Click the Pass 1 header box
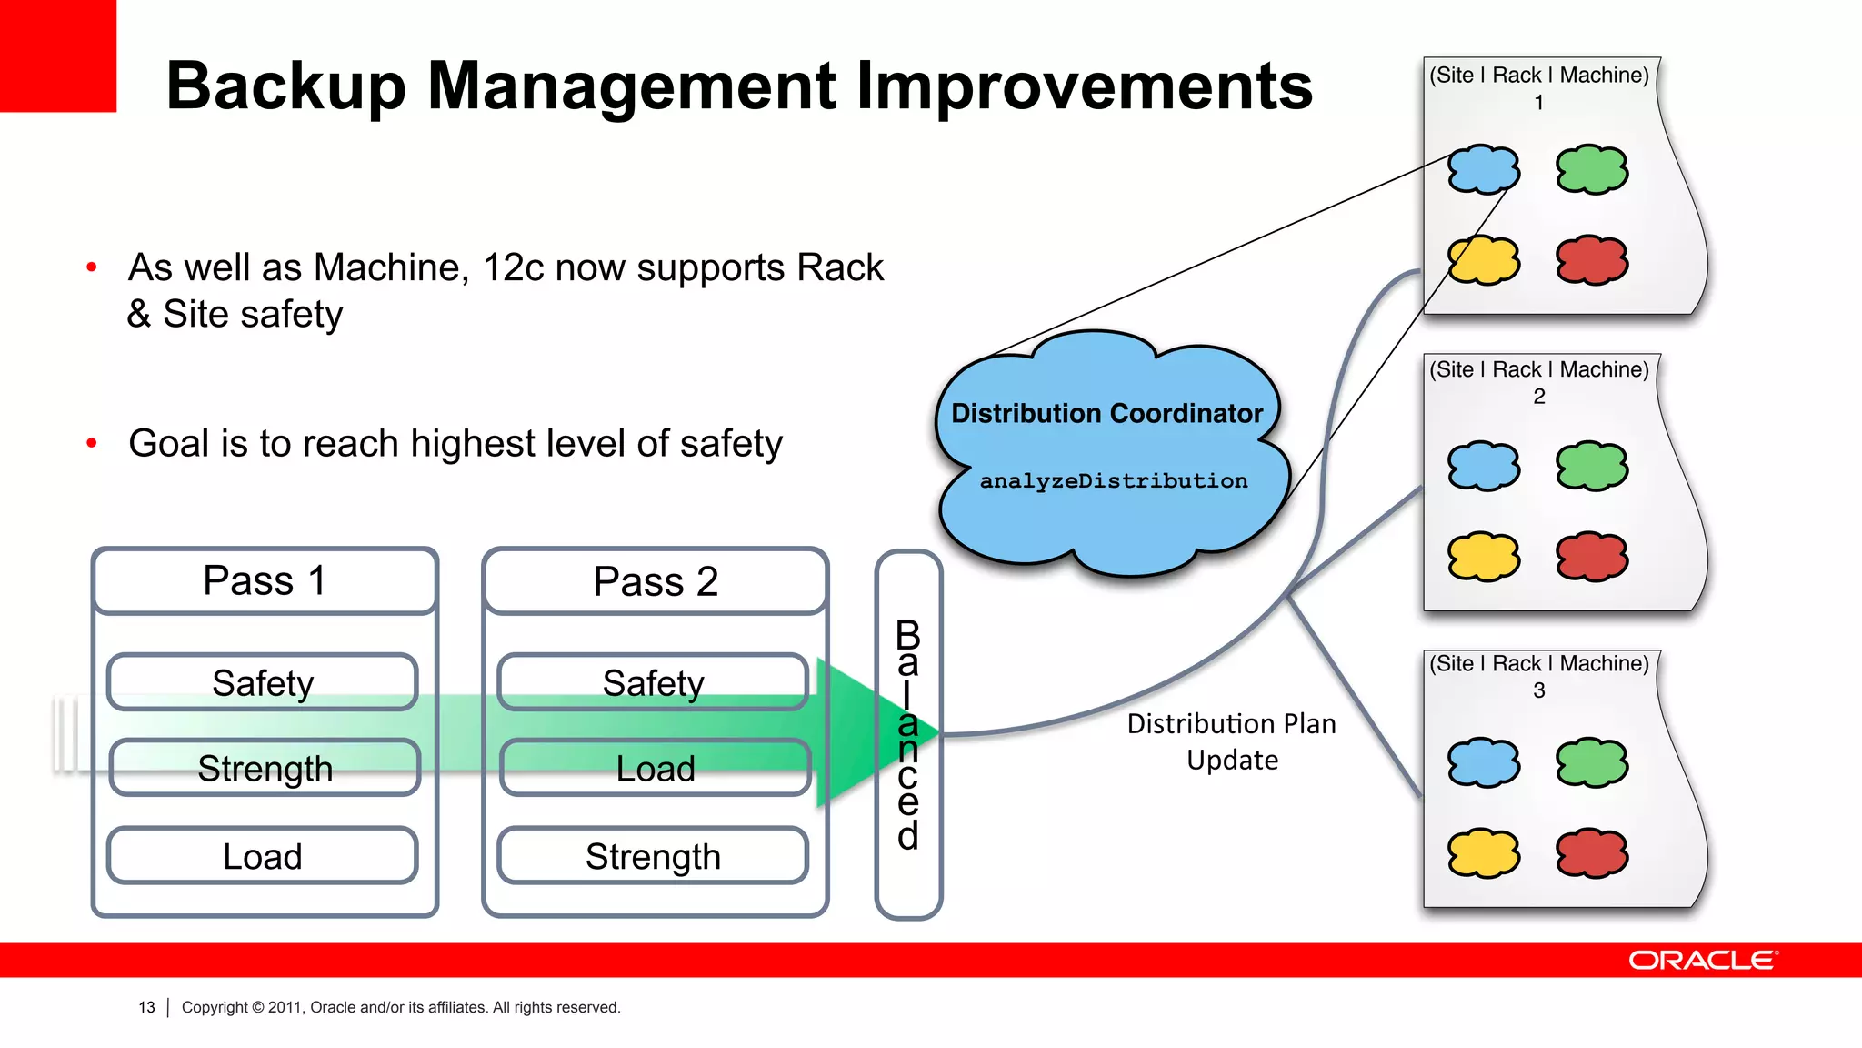coord(265,580)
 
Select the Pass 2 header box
coord(655,581)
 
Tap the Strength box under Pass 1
coord(265,769)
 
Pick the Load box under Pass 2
coord(655,769)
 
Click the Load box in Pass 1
coord(263,856)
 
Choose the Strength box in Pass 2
coord(653,856)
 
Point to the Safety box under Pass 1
coord(263,682)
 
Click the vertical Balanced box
coord(908,733)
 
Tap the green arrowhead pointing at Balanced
coord(864,733)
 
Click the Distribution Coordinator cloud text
coord(1106,414)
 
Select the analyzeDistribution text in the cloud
coord(1113,480)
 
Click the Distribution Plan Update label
coord(1232,741)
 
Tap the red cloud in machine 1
coord(1592,260)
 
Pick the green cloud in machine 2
coord(1592,466)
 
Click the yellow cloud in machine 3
coord(1484,852)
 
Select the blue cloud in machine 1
coord(1484,169)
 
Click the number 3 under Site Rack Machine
coord(1538,690)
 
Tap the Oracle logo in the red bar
coord(1702,961)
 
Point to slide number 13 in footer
coord(146,1007)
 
